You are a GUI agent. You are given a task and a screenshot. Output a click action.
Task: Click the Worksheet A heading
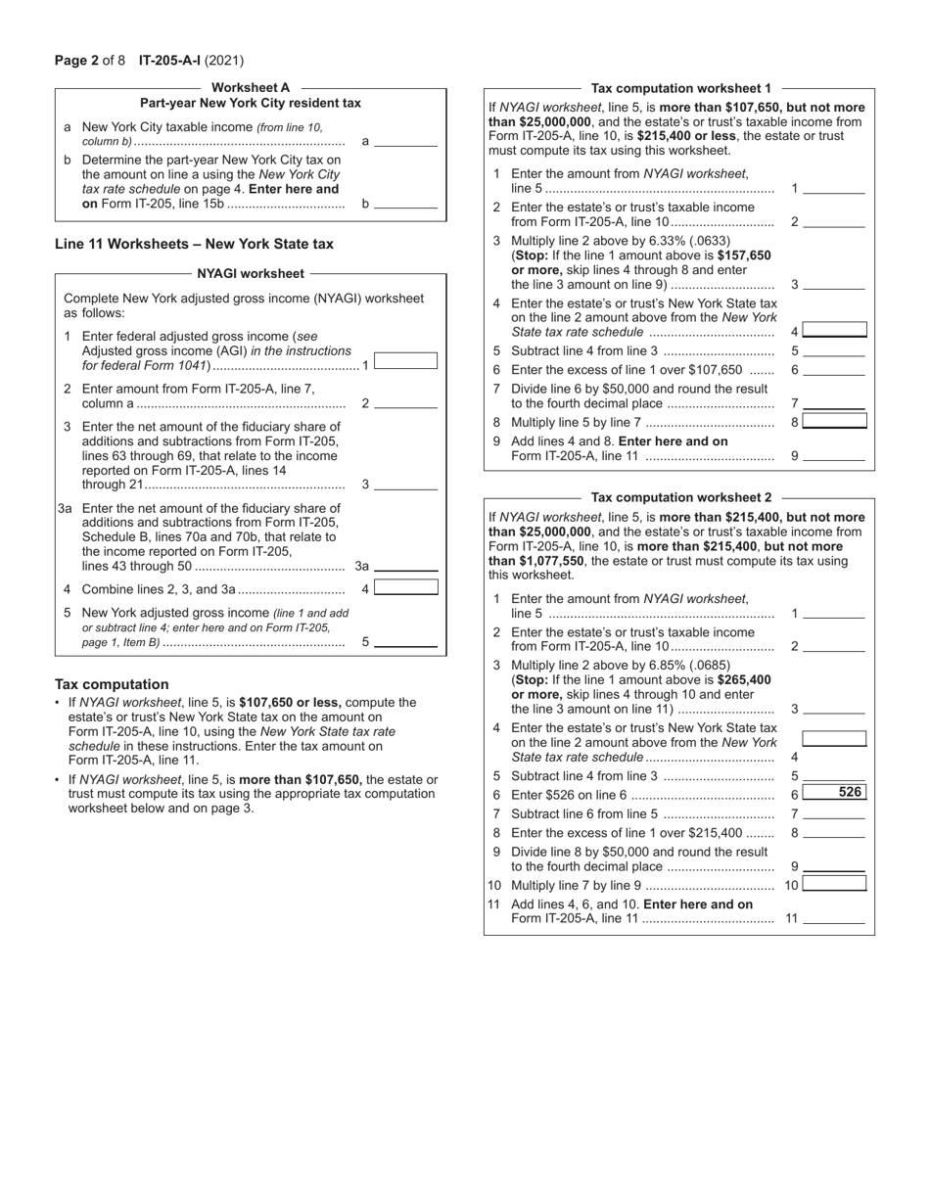point(251,87)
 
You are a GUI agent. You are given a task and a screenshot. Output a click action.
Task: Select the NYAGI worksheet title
point(251,274)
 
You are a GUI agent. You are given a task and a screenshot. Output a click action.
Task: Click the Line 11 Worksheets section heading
point(194,244)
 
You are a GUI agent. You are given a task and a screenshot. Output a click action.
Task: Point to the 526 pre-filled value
point(849,794)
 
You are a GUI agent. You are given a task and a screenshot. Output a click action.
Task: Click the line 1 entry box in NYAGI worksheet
point(405,360)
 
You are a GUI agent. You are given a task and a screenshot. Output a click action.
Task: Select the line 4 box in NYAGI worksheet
point(405,587)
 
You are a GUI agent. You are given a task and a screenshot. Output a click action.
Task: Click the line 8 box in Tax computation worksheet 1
point(834,421)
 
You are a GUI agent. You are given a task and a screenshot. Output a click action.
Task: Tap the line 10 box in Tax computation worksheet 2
point(834,884)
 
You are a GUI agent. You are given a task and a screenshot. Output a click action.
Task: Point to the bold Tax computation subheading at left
point(112,684)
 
